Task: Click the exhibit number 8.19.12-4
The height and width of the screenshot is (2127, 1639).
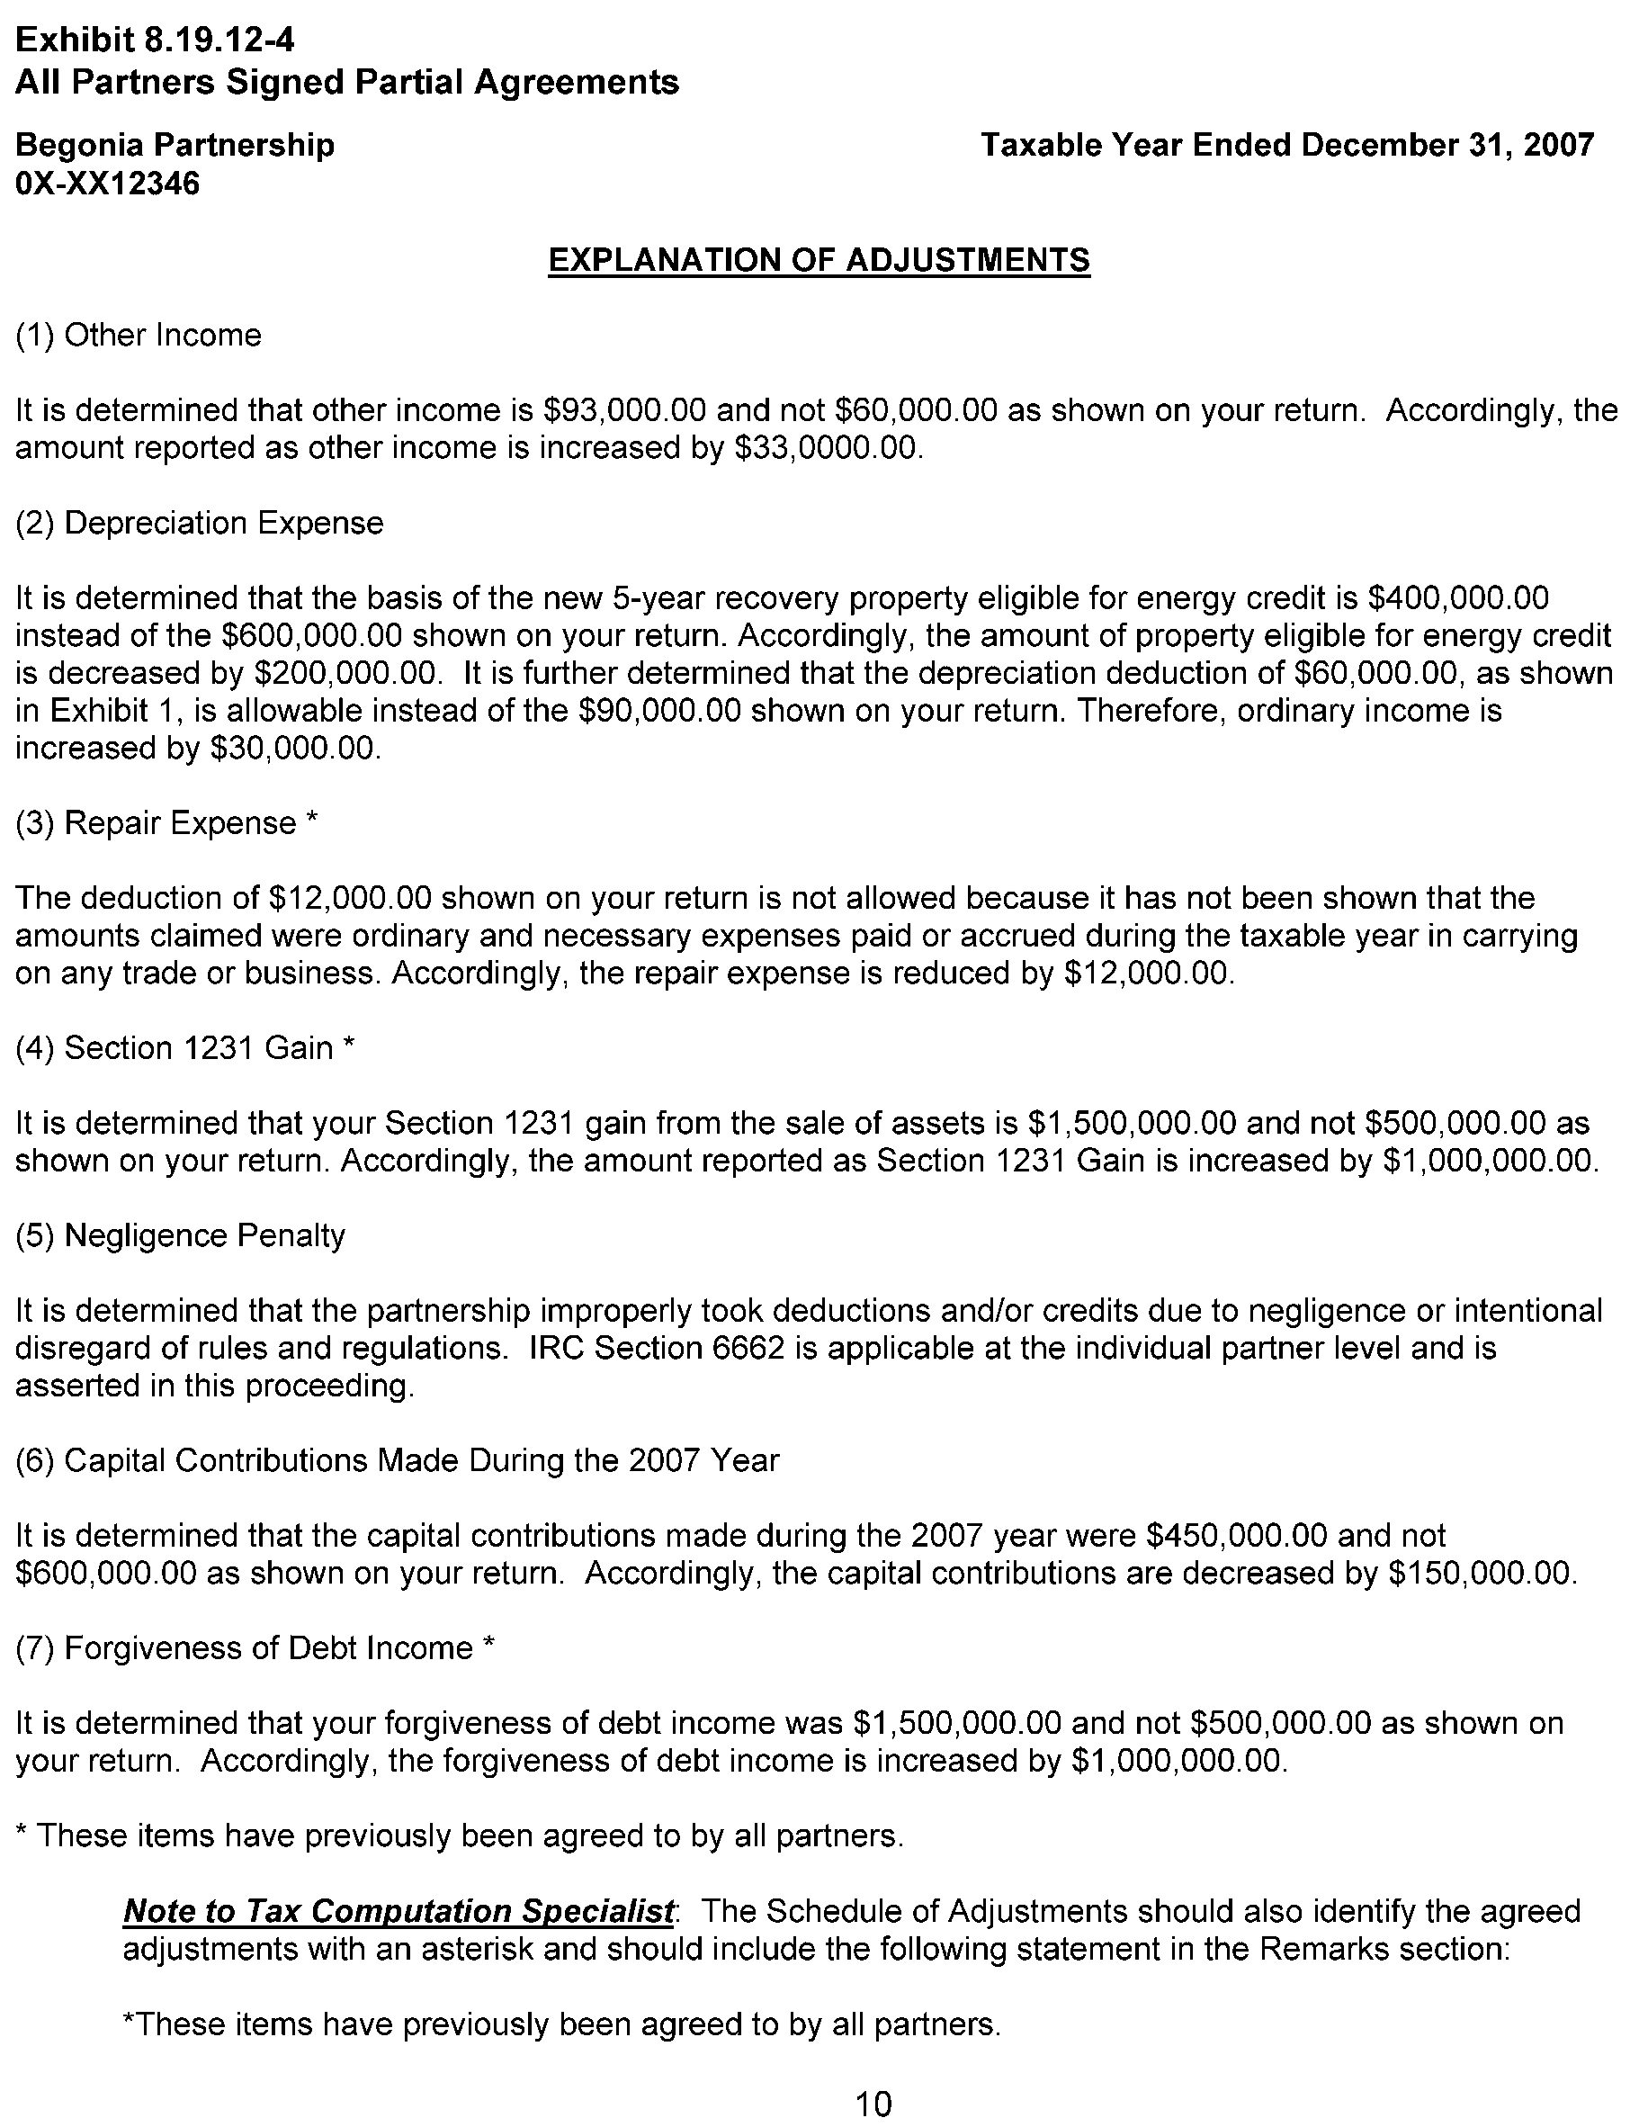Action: click(x=219, y=40)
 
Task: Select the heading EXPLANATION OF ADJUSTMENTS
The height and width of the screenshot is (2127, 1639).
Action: click(x=818, y=260)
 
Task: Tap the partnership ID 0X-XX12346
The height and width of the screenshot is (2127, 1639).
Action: click(x=107, y=183)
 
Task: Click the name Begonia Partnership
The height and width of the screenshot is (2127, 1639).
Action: click(x=175, y=145)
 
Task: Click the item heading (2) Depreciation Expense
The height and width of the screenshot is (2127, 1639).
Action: click(x=200, y=523)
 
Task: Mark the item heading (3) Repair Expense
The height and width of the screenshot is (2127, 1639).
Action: click(x=166, y=823)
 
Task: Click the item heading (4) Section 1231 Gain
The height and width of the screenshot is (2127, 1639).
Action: click(x=185, y=1048)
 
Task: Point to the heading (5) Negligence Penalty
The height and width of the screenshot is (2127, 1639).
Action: click(x=180, y=1235)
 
